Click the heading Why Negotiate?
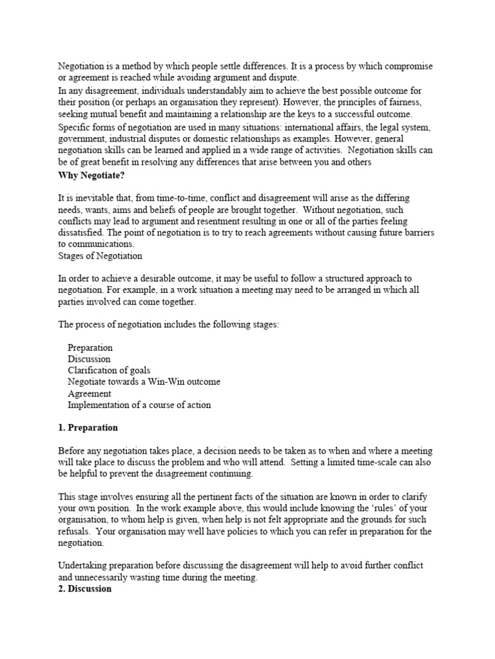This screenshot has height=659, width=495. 93,175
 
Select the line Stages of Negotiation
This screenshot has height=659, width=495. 100,256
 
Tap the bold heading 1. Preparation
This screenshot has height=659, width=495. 88,428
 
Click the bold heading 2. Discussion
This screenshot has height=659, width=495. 85,589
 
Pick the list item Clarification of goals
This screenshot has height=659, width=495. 109,371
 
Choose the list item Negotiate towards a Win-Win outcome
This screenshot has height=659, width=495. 144,382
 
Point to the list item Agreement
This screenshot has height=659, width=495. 90,394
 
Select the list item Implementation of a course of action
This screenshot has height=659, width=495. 139,405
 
